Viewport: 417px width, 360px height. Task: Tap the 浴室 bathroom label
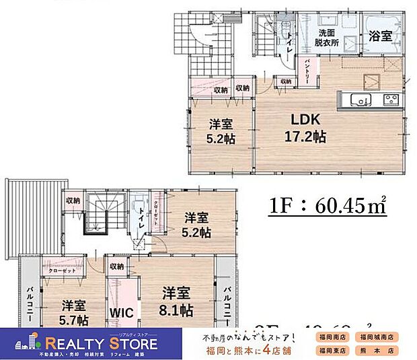[x=380, y=37]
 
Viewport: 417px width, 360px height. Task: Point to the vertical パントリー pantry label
[x=307, y=70]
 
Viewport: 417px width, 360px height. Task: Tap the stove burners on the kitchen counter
[x=390, y=100]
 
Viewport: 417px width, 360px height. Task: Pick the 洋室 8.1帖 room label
[x=178, y=302]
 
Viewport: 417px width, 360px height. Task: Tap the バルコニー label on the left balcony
[x=30, y=302]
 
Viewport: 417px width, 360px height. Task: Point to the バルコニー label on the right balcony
[x=226, y=302]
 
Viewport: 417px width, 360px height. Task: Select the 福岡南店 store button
[x=332, y=336]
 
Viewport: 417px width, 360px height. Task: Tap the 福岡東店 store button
[x=332, y=351]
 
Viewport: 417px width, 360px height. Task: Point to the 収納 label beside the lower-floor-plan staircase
[x=72, y=200]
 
